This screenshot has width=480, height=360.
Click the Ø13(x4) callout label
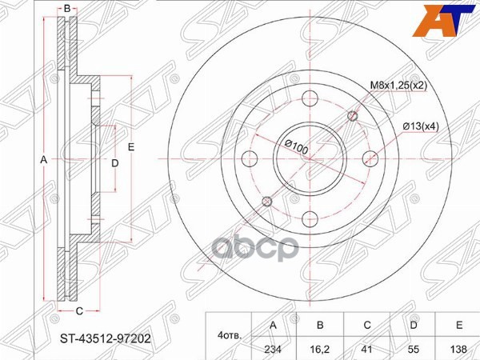click(x=421, y=126)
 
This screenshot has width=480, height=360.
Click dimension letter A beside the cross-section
click(x=44, y=161)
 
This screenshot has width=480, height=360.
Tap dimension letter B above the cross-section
click(x=68, y=9)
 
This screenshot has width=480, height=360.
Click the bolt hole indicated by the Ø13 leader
click(x=370, y=157)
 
